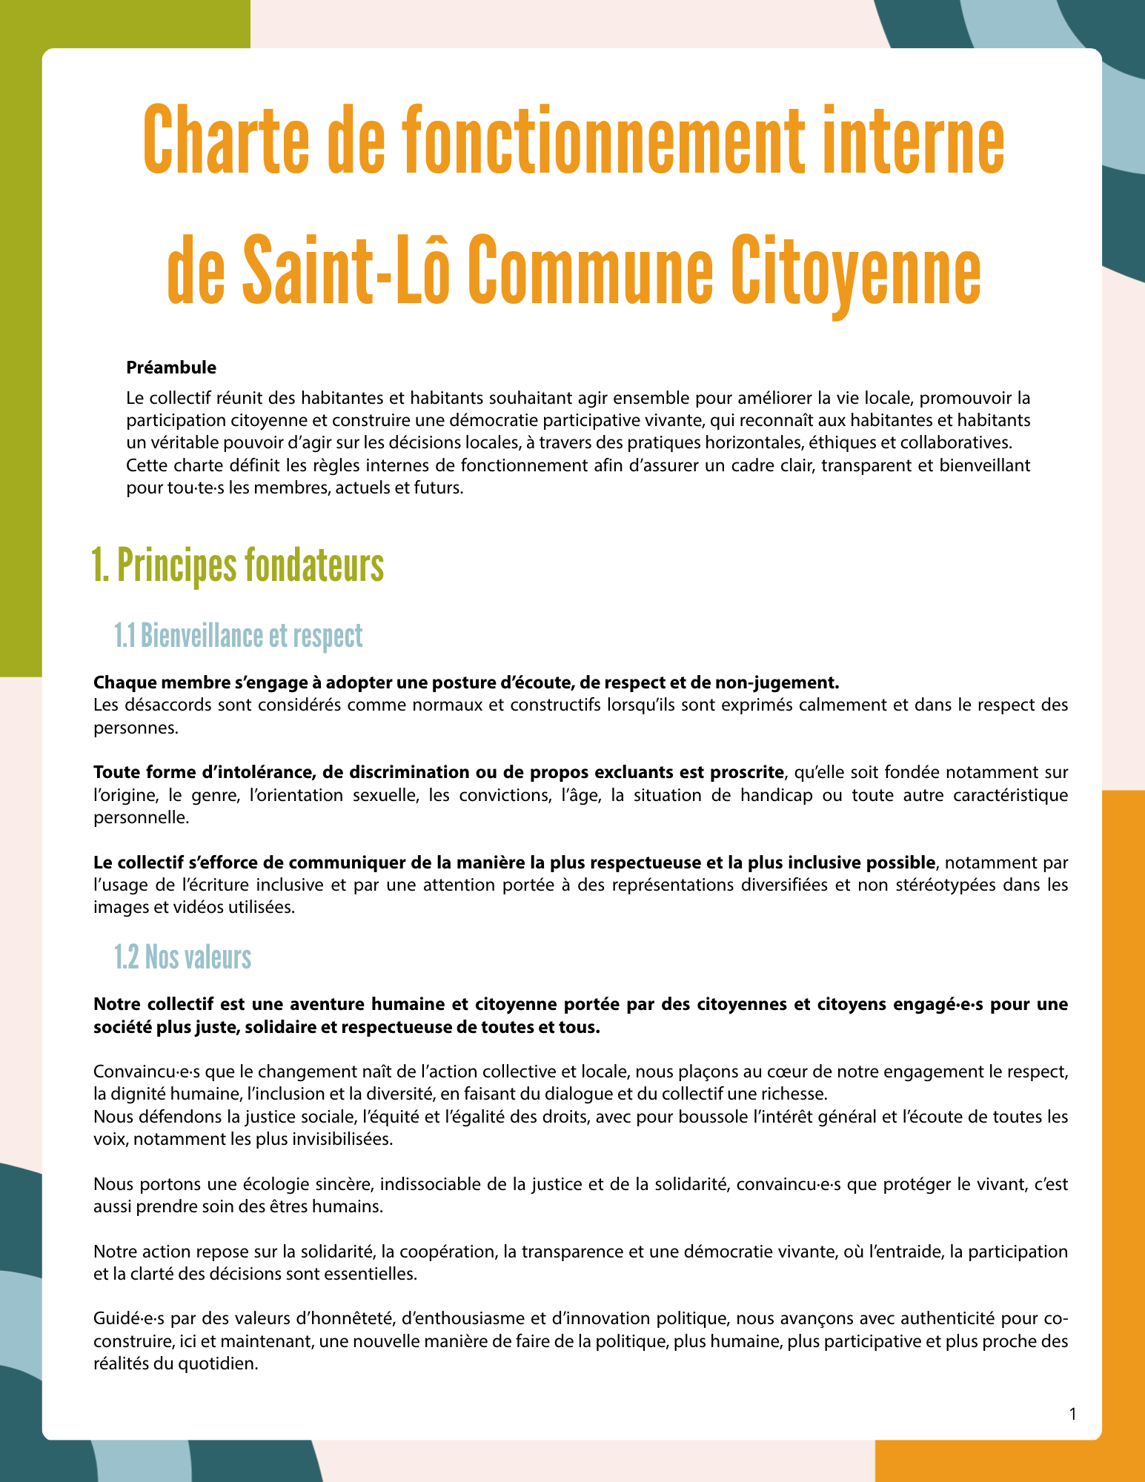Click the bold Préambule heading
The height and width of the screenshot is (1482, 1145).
(x=171, y=367)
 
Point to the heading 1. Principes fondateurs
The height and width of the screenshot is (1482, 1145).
(x=238, y=566)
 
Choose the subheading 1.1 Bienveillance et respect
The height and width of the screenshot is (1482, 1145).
(x=238, y=636)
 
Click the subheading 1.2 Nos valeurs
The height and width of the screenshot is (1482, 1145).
(x=182, y=957)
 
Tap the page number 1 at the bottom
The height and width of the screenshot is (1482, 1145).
(x=1072, y=1414)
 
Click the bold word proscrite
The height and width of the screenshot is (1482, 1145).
(x=746, y=772)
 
